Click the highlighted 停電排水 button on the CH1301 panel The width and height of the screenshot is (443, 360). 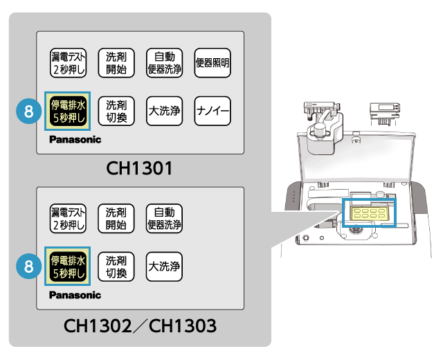pos(68,111)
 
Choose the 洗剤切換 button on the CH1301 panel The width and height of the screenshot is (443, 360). pos(116,111)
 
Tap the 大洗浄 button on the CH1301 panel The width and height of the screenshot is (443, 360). pos(164,111)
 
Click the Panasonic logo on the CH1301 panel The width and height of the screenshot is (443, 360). pos(75,140)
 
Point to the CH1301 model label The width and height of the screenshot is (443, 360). pos(139,168)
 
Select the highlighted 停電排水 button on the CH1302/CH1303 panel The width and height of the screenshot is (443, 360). pos(68,267)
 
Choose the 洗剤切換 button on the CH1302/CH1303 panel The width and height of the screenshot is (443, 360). pos(116,267)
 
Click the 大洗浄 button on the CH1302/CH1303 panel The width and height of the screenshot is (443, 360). pos(164,267)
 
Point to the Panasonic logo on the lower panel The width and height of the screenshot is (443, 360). pos(75,295)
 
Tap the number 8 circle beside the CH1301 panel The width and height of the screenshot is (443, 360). pos(27,111)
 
